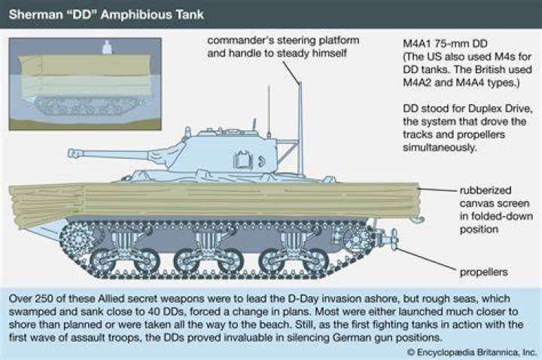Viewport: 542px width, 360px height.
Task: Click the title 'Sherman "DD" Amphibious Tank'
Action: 106,14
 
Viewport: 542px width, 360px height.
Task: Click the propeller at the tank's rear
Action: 394,239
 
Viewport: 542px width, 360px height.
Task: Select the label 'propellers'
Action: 483,272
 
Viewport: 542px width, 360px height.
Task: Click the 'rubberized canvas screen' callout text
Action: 496,209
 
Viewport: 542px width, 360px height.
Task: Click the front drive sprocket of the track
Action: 79,239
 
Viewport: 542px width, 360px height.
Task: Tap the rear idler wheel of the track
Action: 357,238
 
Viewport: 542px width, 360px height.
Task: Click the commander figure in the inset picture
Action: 107,47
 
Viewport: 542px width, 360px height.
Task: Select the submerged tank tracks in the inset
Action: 88,106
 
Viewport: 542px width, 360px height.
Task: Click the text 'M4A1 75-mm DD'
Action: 445,44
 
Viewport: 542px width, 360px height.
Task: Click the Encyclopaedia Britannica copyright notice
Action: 472,352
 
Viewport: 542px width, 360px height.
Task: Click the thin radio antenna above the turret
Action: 269,111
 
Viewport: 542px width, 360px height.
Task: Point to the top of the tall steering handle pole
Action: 300,83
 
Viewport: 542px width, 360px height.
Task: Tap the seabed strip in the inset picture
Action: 85,124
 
